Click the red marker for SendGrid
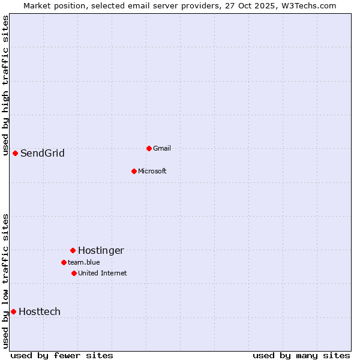[x=15, y=153]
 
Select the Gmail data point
[x=149, y=148]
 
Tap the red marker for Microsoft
[x=134, y=171]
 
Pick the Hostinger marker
[x=73, y=250]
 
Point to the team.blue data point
[x=64, y=262]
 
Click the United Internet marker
[x=74, y=273]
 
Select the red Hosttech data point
[x=13, y=311]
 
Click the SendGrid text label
[x=42, y=153]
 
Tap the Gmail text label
[x=162, y=148]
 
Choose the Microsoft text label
[x=152, y=171]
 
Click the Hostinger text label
[x=101, y=250]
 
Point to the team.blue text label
[x=83, y=262]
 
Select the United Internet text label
[x=102, y=273]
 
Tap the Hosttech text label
[x=40, y=311]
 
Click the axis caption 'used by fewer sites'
[x=62, y=355]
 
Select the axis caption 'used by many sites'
[x=301, y=355]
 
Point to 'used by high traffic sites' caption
[x=6, y=85]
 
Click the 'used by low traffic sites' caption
[x=6, y=281]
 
